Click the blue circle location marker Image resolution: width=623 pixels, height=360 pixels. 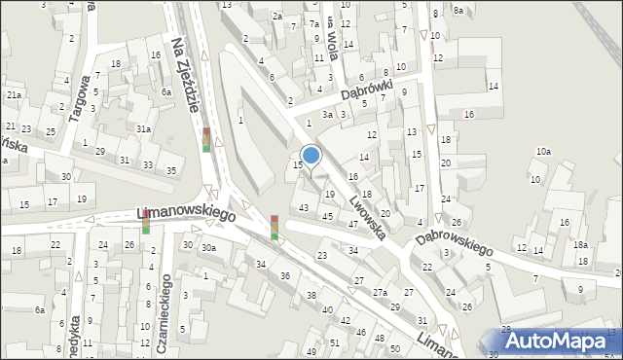point(311,155)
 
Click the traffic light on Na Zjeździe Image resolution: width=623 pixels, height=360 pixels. point(206,139)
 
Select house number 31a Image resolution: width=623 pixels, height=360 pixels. point(143,128)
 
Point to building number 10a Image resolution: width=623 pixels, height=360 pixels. point(543,152)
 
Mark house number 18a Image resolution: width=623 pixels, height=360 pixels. point(580,245)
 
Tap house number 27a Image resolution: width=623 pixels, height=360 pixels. point(380,293)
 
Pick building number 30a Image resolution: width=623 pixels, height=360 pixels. point(208,248)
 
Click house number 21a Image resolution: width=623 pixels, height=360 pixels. point(14,95)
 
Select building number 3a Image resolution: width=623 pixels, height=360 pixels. point(329,115)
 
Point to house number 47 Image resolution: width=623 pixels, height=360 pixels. point(353,225)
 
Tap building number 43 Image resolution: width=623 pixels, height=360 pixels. point(305,208)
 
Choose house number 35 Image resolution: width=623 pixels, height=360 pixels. point(171,171)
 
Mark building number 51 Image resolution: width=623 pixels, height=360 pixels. point(334,343)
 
